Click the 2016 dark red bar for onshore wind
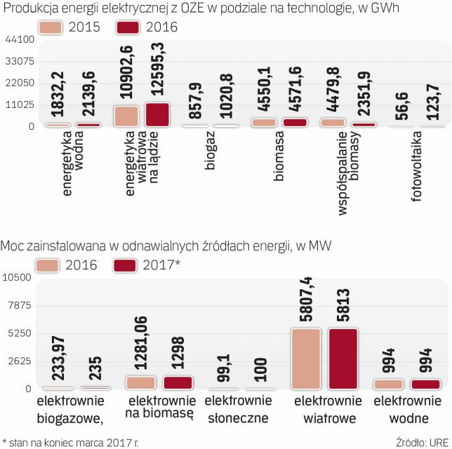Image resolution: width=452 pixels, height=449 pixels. [157, 115]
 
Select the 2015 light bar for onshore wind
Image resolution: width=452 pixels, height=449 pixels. [126, 116]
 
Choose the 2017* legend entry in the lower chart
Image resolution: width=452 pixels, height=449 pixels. [130, 265]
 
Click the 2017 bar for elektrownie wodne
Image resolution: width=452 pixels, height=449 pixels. [425, 384]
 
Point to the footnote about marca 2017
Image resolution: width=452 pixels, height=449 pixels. [70, 443]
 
